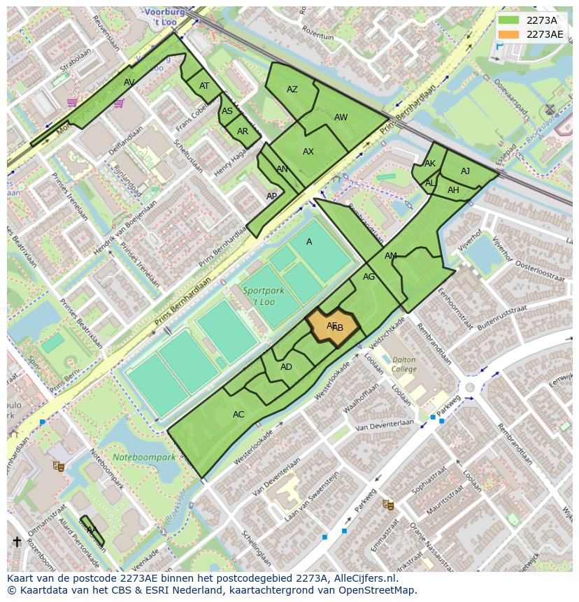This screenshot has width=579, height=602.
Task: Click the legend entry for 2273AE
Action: click(x=531, y=34)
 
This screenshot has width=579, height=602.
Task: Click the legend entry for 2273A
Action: click(x=531, y=20)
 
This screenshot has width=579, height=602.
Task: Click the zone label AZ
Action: click(x=292, y=89)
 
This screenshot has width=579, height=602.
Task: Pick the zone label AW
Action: click(x=341, y=117)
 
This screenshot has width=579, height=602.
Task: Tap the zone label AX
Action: click(x=308, y=152)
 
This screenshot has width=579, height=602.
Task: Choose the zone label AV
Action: click(x=129, y=83)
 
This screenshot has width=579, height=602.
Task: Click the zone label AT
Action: click(x=204, y=86)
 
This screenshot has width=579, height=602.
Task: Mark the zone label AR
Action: click(x=242, y=131)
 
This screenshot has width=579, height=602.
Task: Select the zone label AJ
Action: click(x=465, y=171)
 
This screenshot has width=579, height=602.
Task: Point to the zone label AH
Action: click(x=453, y=190)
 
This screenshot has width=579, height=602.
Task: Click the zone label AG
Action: click(x=369, y=277)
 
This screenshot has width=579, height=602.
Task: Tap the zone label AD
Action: click(x=286, y=367)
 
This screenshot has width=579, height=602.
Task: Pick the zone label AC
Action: click(x=238, y=415)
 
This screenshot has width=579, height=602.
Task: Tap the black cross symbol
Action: click(x=17, y=542)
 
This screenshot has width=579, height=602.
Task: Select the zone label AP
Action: click(x=271, y=196)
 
